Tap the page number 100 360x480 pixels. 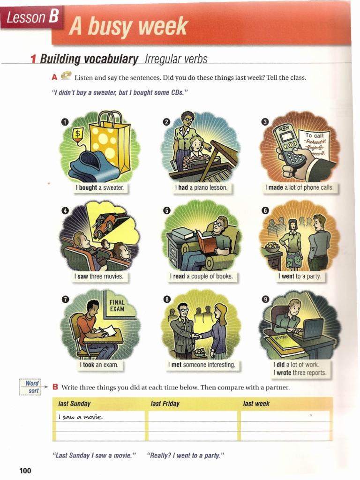pyautogui.click(x=25, y=470)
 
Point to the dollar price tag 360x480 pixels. pyautogui.click(x=78, y=135)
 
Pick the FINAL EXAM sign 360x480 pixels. pyautogui.click(x=117, y=306)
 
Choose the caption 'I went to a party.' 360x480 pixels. pyautogui.click(x=300, y=276)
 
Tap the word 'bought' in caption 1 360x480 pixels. pyautogui.click(x=88, y=187)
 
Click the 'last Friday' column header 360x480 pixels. pyautogui.click(x=165, y=404)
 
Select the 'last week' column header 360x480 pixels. pyautogui.click(x=256, y=404)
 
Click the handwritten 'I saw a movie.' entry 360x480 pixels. pyautogui.click(x=80, y=417)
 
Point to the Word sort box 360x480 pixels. pyautogui.click(x=31, y=387)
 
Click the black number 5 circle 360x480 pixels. pyautogui.click(x=166, y=210)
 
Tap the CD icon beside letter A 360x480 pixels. pyautogui.click(x=66, y=75)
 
